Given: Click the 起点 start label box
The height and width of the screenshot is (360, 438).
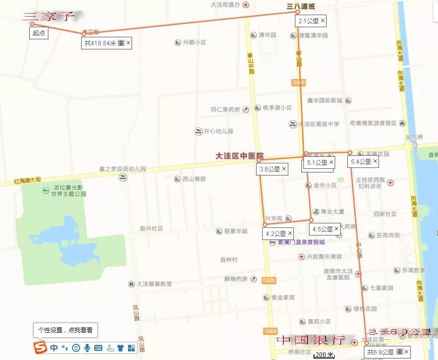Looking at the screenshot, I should [x=39, y=33].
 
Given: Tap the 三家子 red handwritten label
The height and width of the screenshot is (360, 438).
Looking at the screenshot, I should [x=48, y=17].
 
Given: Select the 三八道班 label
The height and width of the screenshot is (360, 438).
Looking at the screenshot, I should [x=300, y=7].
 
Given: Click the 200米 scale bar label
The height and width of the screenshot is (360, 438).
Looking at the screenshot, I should [x=324, y=355].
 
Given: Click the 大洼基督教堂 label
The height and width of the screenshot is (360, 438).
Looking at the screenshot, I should [x=154, y=284].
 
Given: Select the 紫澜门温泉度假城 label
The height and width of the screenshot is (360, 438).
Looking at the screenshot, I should [x=301, y=242].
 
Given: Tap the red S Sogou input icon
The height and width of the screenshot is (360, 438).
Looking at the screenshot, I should [x=40, y=347].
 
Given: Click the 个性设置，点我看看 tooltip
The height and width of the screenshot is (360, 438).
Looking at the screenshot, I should [x=66, y=330].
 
